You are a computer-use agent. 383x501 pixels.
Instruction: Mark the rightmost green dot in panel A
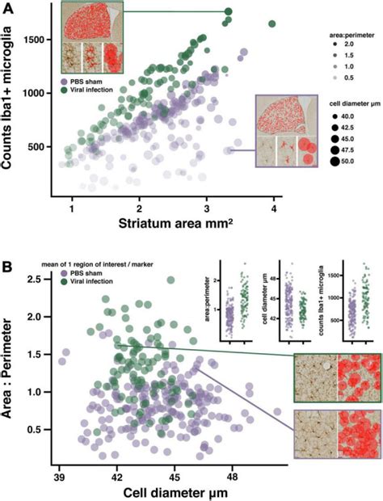(272, 23)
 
